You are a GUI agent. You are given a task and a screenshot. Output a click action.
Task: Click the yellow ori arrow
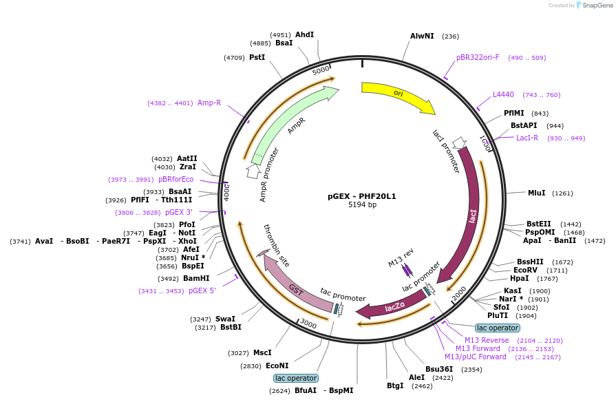click(x=396, y=95)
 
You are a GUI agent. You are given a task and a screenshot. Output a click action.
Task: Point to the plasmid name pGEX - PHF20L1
click(x=362, y=196)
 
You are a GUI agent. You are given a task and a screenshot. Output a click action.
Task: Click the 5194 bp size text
click(x=362, y=204)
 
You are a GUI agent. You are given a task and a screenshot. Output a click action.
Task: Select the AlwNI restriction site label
click(x=422, y=36)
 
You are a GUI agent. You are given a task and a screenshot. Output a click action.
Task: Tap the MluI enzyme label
click(x=536, y=193)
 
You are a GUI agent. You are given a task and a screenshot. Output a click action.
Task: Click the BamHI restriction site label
click(x=196, y=278)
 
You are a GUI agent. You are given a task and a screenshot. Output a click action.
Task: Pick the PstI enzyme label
click(x=257, y=57)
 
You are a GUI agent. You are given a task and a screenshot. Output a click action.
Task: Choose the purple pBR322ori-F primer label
click(x=478, y=57)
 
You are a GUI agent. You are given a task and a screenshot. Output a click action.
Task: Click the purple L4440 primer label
click(x=503, y=95)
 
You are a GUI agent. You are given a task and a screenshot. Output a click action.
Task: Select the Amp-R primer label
click(x=209, y=103)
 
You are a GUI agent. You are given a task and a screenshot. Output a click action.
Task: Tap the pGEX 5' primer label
click(x=202, y=290)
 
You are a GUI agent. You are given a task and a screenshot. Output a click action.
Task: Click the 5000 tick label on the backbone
click(x=321, y=70)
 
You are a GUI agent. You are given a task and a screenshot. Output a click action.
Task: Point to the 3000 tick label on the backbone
click(x=308, y=324)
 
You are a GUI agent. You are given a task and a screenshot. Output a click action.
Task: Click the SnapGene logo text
click(x=597, y=5)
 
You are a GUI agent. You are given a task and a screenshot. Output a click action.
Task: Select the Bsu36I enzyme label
click(x=439, y=370)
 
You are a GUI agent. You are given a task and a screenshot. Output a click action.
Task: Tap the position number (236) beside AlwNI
click(x=450, y=36)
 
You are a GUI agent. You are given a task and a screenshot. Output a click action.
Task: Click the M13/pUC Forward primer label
click(x=476, y=357)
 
